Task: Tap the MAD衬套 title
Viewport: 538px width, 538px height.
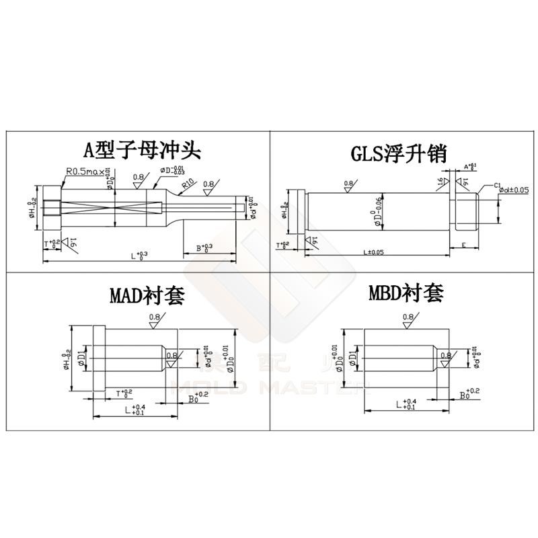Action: click(x=146, y=297)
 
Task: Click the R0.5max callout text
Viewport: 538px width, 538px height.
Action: click(x=85, y=171)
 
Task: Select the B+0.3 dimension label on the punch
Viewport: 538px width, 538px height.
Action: click(x=203, y=248)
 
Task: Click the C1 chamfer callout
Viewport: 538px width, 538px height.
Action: click(x=498, y=185)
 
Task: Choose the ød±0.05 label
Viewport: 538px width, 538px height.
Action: click(x=513, y=191)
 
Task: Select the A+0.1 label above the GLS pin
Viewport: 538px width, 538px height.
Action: click(x=470, y=165)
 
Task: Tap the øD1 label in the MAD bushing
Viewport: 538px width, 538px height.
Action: click(x=82, y=356)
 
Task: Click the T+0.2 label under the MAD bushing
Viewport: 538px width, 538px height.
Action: click(x=124, y=392)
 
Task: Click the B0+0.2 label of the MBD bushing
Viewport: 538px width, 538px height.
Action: click(x=469, y=393)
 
